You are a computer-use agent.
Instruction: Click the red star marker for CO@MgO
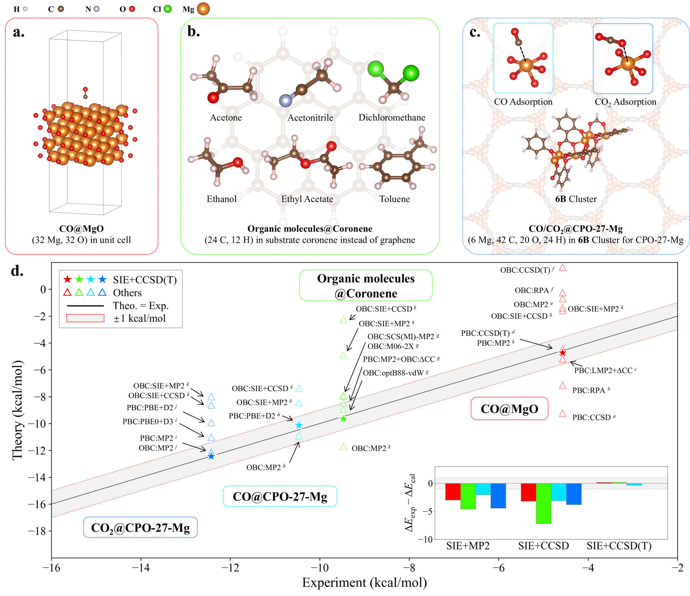click(562, 353)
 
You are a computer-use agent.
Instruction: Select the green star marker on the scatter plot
click(343, 419)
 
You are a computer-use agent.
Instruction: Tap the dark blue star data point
click(211, 456)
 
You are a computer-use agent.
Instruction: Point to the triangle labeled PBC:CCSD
click(562, 414)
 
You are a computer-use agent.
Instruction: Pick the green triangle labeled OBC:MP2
click(343, 447)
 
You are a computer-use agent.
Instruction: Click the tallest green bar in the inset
click(543, 503)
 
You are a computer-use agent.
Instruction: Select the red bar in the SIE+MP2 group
click(453, 491)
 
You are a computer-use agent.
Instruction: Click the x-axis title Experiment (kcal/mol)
click(364, 583)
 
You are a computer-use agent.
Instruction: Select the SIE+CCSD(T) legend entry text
click(145, 280)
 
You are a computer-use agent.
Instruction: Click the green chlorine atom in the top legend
click(167, 9)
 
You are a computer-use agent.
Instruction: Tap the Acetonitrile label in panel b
click(310, 118)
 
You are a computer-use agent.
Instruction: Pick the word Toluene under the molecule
click(394, 199)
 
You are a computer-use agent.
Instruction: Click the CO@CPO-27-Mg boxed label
click(280, 497)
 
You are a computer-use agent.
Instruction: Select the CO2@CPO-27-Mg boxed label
click(140, 528)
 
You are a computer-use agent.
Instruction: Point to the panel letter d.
click(17, 271)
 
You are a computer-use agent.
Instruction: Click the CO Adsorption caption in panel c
click(523, 102)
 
